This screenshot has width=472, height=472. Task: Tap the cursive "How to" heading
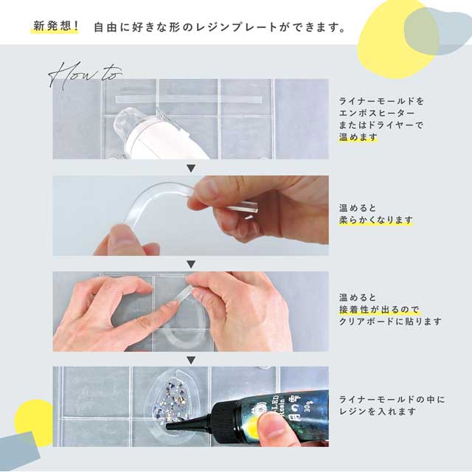[86, 74]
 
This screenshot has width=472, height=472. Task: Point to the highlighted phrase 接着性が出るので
[374, 310]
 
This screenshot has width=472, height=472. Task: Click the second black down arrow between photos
[190, 264]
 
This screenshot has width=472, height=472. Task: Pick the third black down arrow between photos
[190, 360]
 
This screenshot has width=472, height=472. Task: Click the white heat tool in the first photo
[147, 133]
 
